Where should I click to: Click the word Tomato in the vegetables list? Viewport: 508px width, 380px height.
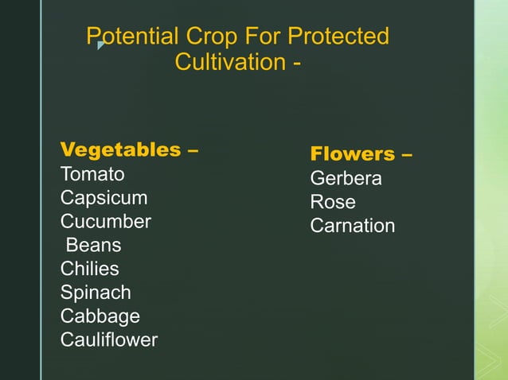pos(92,174)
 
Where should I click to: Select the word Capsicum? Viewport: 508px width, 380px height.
pos(104,198)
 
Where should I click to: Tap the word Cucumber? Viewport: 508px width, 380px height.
pos(106,222)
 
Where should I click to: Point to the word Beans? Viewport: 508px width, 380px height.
pos(93,245)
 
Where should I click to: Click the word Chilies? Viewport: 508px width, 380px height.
pos(90,269)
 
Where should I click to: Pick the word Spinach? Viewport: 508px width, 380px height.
pos(96,293)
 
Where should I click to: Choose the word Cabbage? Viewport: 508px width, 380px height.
pos(100,316)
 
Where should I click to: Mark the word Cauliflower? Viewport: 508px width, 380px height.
pos(109,340)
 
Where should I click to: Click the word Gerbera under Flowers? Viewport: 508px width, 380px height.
pos(346,179)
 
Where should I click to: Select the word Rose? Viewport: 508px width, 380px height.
pos(333,202)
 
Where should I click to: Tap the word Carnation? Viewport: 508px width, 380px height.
pos(352,226)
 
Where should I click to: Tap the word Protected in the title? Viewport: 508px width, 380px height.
pos(338,37)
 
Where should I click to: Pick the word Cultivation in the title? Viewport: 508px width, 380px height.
pos(227,61)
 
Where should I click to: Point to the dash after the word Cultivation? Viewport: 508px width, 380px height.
pos(296,62)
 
